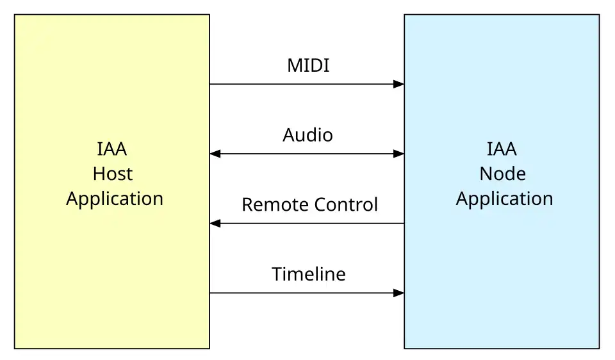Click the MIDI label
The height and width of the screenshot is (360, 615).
tap(308, 65)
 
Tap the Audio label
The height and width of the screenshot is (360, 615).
tap(308, 135)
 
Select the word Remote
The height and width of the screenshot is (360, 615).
tap(275, 205)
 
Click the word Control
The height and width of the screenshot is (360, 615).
tap(346, 205)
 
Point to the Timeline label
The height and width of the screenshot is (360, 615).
tap(309, 274)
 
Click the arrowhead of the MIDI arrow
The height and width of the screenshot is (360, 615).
tap(398, 84)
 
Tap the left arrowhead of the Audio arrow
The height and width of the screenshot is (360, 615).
tap(215, 154)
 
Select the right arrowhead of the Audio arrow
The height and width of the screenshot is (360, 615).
tap(398, 154)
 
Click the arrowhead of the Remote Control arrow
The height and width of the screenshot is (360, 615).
tap(215, 224)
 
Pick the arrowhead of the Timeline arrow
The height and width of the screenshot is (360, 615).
tap(398, 293)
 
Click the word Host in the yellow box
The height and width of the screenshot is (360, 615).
tap(113, 174)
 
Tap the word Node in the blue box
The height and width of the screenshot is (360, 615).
tap(502, 174)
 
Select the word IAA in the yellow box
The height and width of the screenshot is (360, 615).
tap(111, 149)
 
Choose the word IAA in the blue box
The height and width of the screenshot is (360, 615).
tap(502, 149)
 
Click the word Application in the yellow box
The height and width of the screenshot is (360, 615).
tap(115, 199)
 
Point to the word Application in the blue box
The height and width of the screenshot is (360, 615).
tap(504, 199)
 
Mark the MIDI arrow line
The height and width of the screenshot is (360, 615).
tap(307, 84)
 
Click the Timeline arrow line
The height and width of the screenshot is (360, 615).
tap(307, 293)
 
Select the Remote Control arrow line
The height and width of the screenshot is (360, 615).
tap(307, 224)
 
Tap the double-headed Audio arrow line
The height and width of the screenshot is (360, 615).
tap(307, 154)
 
